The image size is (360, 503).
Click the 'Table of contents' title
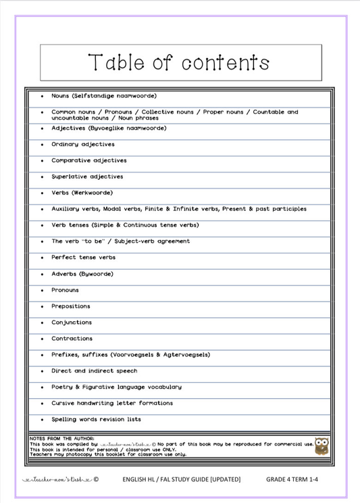click(x=179, y=63)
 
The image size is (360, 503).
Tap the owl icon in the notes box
click(x=322, y=446)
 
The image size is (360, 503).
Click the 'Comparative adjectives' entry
click(x=88, y=160)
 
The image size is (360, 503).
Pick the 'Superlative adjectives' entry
click(x=87, y=176)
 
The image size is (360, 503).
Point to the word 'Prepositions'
click(x=71, y=306)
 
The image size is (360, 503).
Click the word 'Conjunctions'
click(x=72, y=322)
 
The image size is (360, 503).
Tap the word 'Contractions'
click(x=72, y=339)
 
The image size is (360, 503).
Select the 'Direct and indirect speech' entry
click(x=94, y=371)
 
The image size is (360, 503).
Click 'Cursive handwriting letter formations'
click(x=112, y=404)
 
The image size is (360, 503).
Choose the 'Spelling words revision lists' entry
click(x=96, y=420)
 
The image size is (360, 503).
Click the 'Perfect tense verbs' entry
click(x=83, y=258)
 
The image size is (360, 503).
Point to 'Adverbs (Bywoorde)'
click(x=82, y=274)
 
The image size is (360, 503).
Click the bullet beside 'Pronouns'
click(x=42, y=291)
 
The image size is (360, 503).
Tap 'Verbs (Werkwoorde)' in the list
click(x=82, y=193)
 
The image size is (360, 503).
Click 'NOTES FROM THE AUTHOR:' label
click(x=62, y=438)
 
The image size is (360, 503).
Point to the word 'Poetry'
click(x=62, y=387)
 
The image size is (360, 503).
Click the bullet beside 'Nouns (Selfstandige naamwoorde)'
click(x=42, y=97)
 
